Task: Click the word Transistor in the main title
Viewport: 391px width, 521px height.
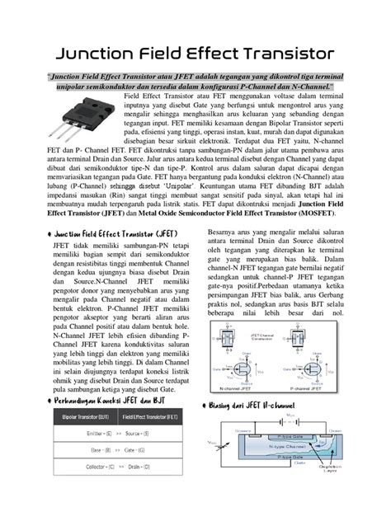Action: click(x=280, y=54)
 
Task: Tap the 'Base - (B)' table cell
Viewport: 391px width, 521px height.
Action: click(x=87, y=450)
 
